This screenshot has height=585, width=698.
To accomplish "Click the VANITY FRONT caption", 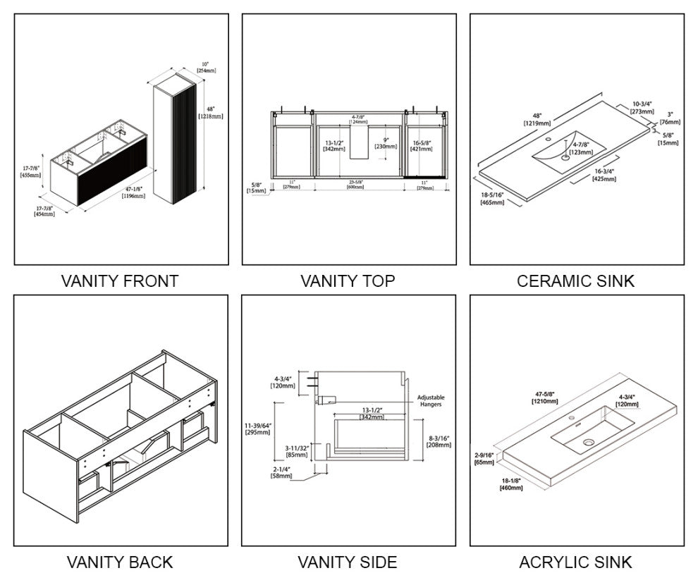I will (120, 281).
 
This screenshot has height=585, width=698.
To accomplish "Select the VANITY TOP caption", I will (348, 281).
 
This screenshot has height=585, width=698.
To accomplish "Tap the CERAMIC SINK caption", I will (575, 281).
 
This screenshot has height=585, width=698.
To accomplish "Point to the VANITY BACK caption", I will (120, 562).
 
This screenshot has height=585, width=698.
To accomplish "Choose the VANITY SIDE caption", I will (348, 562).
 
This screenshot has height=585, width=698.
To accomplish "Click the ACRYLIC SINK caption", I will (575, 562).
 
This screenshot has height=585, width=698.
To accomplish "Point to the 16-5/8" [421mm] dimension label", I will (422, 146).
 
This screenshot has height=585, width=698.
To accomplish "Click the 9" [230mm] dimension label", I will (381, 142).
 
